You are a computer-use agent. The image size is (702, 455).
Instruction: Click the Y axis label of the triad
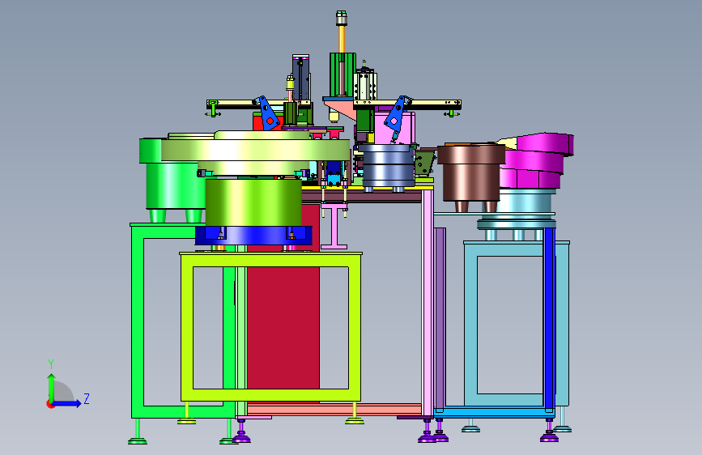(51, 364)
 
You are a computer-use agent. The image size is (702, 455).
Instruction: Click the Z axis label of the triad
(87, 398)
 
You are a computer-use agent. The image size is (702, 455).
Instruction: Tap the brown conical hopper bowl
(471, 172)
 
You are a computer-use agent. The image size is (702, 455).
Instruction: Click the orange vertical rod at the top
(342, 40)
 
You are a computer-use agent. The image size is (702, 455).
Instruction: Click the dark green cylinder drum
(253, 202)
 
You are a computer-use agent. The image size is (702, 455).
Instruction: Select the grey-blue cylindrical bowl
(388, 165)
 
